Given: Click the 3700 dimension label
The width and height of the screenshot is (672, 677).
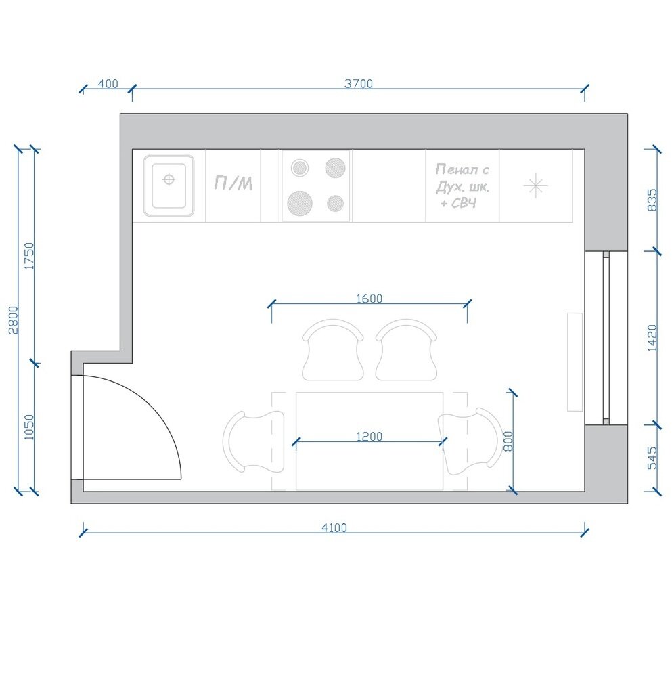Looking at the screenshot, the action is tap(358, 83).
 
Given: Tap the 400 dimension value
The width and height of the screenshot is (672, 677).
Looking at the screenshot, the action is tap(108, 83).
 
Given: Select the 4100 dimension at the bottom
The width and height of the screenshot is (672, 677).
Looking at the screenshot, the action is tap(334, 527).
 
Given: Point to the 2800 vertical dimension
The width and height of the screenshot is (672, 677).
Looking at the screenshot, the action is tap(14, 320).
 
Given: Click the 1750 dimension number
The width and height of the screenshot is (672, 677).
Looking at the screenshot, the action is tap(29, 256).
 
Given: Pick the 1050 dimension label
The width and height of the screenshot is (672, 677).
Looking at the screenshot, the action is tap(29, 427).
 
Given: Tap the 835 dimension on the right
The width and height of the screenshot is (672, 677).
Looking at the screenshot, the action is tap(652, 200).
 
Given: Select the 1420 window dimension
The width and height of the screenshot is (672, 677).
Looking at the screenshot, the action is tap(652, 338).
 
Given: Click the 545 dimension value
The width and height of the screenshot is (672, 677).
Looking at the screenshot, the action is tap(652, 458).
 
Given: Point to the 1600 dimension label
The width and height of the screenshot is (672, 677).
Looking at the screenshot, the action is tap(369, 299).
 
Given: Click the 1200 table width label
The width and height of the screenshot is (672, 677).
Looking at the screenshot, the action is tap(369, 437).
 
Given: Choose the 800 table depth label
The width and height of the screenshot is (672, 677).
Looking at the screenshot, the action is tap(508, 441).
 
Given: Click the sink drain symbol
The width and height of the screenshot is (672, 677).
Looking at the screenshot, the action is tap(169, 179).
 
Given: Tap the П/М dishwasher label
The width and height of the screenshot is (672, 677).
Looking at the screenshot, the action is tap(233, 183).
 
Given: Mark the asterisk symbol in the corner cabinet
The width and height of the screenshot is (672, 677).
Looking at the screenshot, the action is tap(535, 185).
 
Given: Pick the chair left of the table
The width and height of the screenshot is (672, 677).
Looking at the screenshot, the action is tap(254, 441).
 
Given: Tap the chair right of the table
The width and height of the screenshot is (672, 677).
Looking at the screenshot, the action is tap(470, 441).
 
